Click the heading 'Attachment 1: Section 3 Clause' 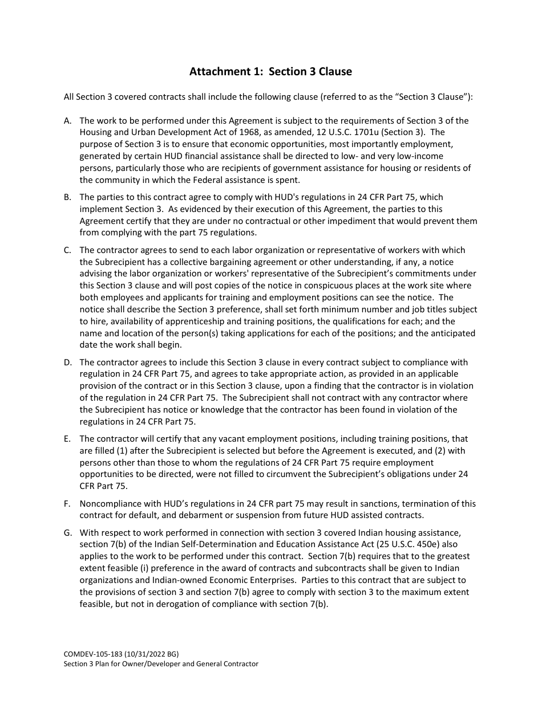click(x=270, y=72)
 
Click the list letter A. click(x=67, y=120)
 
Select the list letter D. click(x=67, y=362)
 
